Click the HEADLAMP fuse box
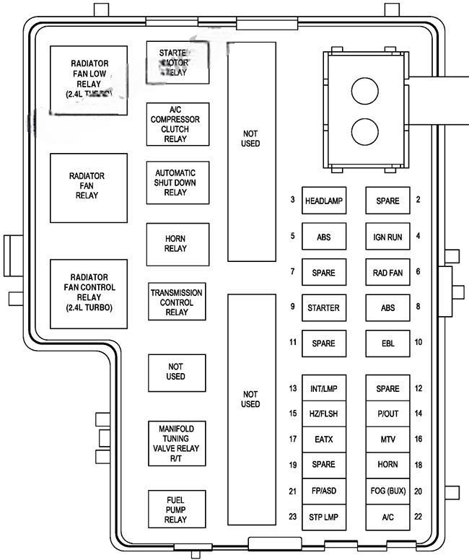[323, 200]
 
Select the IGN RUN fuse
[387, 236]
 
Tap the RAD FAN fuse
[387, 273]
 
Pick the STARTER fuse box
[323, 307]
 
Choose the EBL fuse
[387, 343]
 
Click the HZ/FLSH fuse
[323, 414]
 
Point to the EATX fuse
[323, 438]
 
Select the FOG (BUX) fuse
[387, 491]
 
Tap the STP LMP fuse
[323, 516]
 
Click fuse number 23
[323, 516]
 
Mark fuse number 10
[387, 343]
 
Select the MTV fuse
[387, 438]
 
